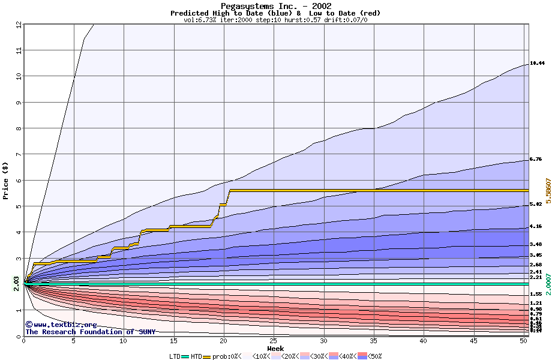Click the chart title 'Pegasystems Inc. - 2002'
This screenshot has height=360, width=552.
(275, 6)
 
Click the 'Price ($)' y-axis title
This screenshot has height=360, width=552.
(6, 181)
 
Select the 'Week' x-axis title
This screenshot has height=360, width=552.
(275, 348)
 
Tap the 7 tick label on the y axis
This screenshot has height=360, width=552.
(19, 154)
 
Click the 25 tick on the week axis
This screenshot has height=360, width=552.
(274, 341)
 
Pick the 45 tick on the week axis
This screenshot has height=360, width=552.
(473, 341)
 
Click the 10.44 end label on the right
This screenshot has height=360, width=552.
(537, 63)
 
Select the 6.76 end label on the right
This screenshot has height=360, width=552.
(536, 160)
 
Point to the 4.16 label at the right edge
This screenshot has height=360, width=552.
(536, 227)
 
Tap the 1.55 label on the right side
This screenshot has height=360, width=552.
(536, 294)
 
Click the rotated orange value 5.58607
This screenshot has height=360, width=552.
(548, 192)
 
